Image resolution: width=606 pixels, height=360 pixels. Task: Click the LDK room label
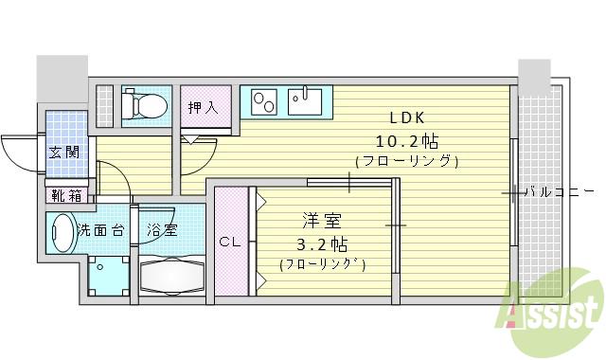point(408,119)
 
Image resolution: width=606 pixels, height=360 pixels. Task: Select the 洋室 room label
point(322,221)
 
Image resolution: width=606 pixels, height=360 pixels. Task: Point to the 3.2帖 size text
point(322,243)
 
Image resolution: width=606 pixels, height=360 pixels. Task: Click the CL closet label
point(230,242)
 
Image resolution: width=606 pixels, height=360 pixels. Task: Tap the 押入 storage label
point(202,107)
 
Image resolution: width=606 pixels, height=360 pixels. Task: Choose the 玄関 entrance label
point(64,152)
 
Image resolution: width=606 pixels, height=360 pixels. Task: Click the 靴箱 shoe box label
point(65,196)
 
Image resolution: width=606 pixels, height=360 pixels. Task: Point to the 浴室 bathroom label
point(161,229)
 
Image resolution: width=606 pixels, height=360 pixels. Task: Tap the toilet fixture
point(146,104)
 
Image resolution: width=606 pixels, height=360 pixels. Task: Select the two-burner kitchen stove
point(262,99)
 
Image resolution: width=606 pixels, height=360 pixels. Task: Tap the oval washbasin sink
point(61,231)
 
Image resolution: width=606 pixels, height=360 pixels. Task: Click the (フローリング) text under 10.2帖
point(407,161)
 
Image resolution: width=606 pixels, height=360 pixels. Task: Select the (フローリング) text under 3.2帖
point(322,263)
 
